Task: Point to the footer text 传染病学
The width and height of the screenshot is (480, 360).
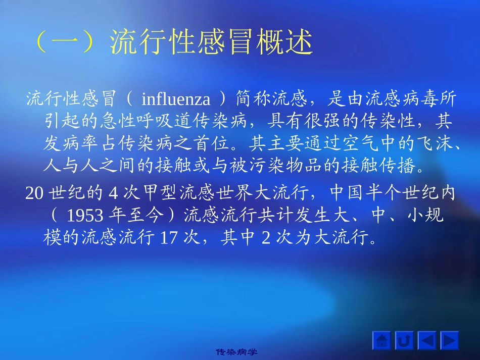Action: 240,351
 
